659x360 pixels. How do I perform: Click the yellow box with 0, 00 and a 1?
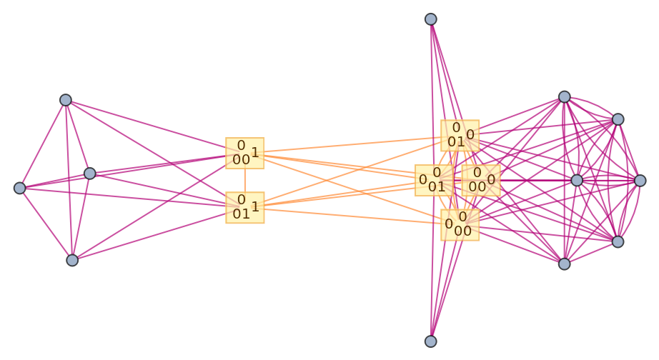244,154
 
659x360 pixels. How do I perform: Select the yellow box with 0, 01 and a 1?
244,207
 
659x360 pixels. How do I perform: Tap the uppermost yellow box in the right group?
460,135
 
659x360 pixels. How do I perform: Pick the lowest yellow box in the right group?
460,224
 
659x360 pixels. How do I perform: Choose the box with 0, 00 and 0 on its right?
480,180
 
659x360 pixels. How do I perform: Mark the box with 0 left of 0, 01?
434,180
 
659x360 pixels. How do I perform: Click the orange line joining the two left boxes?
244,180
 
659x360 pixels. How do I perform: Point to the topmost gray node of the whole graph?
431,19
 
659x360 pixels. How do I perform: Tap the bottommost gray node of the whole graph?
431,341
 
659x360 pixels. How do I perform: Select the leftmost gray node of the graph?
20,188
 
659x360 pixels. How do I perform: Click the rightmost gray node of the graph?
640,181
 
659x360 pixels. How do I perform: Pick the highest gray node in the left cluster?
66,100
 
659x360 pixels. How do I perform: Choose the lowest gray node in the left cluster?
72,260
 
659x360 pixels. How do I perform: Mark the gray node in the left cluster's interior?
90,174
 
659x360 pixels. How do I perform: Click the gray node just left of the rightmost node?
577,180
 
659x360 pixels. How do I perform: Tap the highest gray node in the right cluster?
565,96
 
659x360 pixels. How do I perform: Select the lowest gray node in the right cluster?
565,264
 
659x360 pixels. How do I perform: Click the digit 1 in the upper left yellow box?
255,152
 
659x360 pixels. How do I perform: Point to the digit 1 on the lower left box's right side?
255,207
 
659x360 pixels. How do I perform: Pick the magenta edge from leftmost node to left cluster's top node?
43,144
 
